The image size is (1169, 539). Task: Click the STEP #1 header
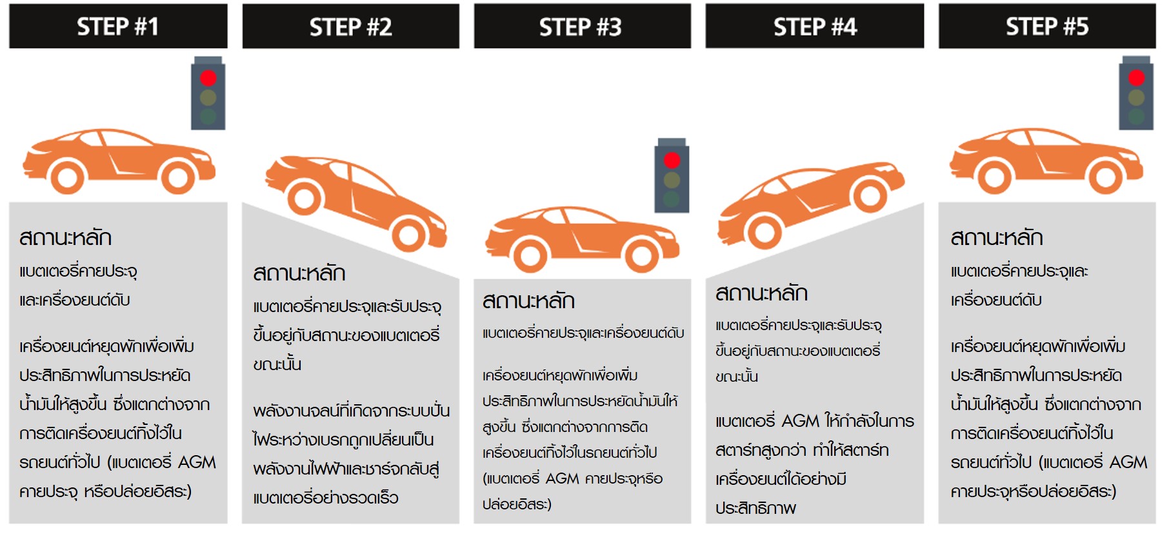coord(118,26)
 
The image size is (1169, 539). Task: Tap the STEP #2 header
coord(351,26)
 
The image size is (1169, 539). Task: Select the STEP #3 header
coord(582,26)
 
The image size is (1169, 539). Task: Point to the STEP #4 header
coord(815,26)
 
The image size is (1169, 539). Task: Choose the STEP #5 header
coord(1047,26)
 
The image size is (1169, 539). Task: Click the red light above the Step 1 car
coord(208,78)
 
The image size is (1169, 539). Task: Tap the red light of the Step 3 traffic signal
coord(672,160)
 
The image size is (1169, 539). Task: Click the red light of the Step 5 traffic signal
coord(1136,78)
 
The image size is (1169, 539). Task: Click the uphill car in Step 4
coord(811,203)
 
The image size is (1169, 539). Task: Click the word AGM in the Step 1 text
coord(197,463)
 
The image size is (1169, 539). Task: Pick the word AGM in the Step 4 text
coord(800,422)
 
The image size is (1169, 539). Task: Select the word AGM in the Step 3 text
coord(562,479)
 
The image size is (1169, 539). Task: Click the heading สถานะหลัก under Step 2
coord(299,273)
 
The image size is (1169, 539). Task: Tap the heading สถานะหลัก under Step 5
coord(997,238)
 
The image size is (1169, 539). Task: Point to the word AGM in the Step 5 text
coord(1128,463)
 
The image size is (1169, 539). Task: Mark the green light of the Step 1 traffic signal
coord(208,116)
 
